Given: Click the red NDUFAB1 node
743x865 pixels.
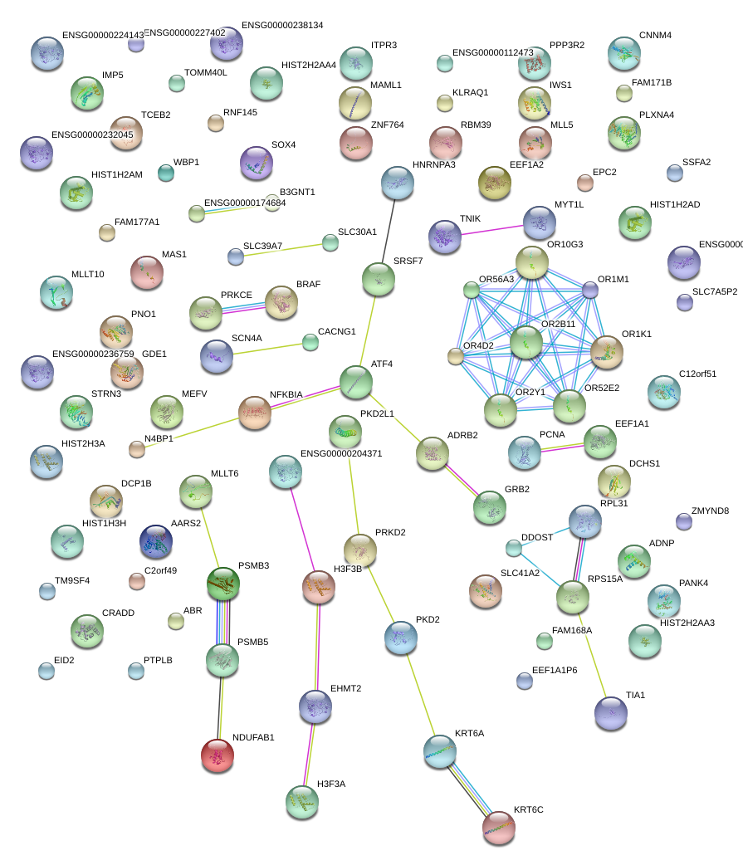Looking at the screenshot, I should [218, 755].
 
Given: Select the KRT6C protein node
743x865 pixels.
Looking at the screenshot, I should [499, 828].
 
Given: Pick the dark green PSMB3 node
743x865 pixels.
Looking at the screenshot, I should [223, 584].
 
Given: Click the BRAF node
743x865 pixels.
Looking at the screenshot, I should [281, 302].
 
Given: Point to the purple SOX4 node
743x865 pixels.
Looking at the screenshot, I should [256, 163].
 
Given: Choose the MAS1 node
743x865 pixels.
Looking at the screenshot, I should [148, 272].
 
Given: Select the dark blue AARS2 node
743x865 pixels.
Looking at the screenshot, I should [156, 541].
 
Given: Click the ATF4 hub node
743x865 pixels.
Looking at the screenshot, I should [356, 381].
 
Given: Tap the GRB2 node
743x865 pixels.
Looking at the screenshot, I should [489, 507].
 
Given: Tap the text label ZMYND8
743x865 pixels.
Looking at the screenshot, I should [710, 511].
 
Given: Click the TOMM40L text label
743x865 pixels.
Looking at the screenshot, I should [205, 72].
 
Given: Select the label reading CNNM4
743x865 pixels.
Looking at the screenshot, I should [655, 36].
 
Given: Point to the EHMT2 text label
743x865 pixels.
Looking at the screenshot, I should [345, 688].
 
